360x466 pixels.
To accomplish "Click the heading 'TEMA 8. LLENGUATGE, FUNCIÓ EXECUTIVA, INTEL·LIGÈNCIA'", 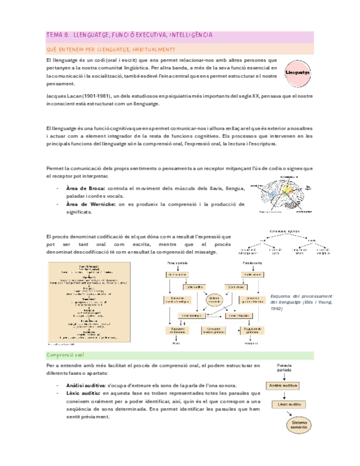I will [130, 36].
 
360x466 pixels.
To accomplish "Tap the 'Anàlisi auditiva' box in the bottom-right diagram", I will [284, 387].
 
